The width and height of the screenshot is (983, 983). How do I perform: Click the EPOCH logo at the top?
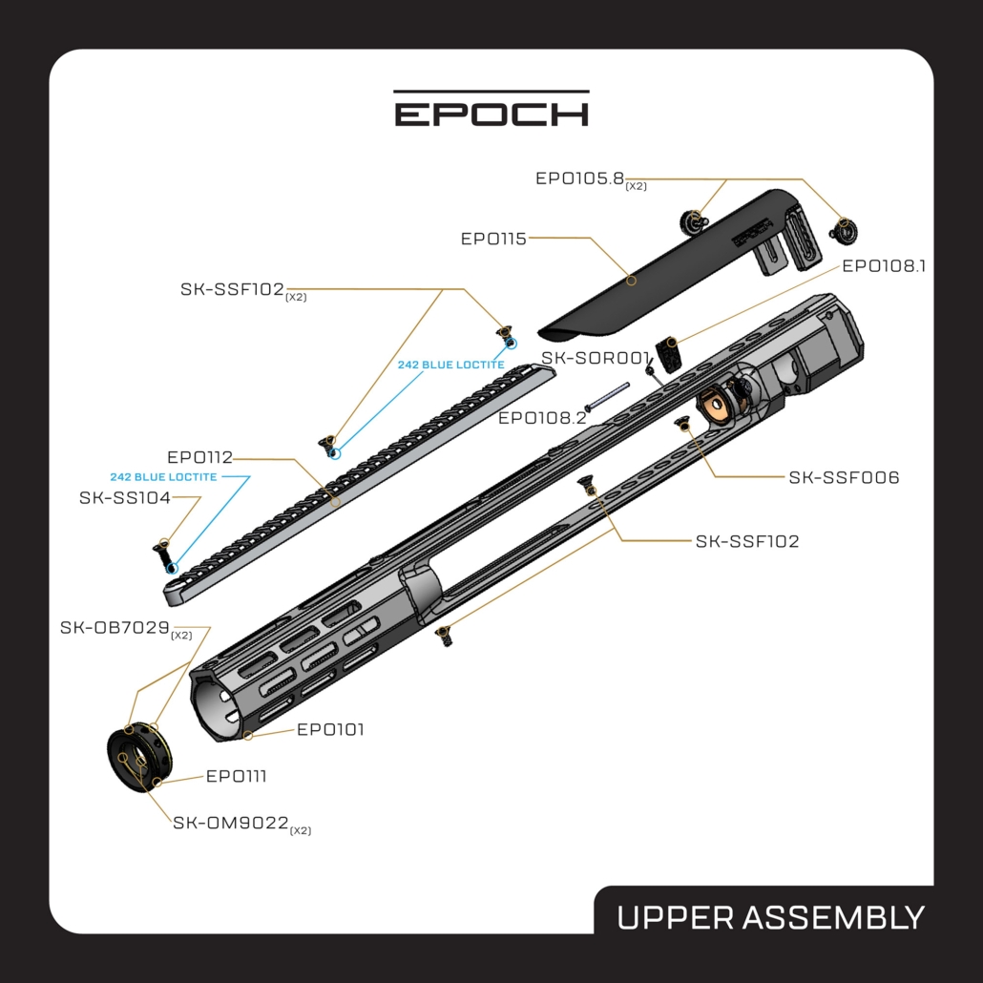[491, 109]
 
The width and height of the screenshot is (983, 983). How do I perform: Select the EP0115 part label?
[493, 239]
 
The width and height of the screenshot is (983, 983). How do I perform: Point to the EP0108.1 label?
[884, 266]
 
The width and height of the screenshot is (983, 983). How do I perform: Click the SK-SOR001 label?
[596, 358]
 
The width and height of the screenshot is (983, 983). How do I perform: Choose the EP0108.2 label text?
[542, 417]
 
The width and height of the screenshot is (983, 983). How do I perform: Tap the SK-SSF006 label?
[844, 478]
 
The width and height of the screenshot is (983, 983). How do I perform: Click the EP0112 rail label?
[200, 457]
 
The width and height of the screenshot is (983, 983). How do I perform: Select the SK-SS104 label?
[125, 498]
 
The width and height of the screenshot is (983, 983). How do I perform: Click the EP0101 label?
[330, 730]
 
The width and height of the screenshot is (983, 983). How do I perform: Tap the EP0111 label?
[237, 776]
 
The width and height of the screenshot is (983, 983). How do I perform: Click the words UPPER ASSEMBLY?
[770, 918]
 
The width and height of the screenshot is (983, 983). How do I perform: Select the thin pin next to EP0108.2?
[608, 397]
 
